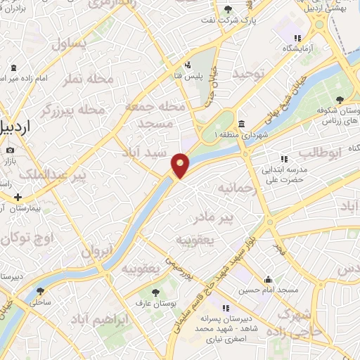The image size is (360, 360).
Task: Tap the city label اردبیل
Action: click(x=15, y=127)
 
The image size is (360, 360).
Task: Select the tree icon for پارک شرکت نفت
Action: click(x=227, y=9)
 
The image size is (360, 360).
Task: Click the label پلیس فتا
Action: click(x=188, y=75)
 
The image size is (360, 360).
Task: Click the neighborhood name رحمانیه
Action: click(x=233, y=188)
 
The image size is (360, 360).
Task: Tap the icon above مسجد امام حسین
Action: click(x=268, y=279)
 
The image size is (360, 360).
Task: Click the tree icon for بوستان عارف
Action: click(x=155, y=292)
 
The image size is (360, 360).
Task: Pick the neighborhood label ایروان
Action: click(x=96, y=251)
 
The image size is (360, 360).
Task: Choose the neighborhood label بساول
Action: click(x=69, y=44)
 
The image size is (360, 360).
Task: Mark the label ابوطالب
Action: click(x=320, y=152)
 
